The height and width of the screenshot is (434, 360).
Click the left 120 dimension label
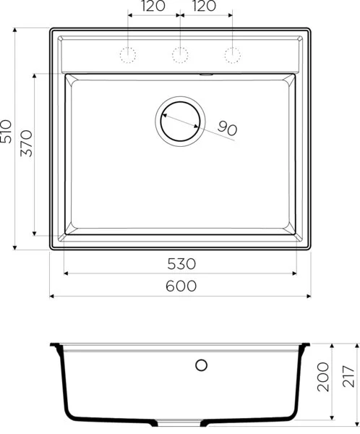[x=153, y=7]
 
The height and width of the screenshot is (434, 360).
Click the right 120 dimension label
[x=205, y=7]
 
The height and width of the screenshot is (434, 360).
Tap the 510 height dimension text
[x=7, y=131]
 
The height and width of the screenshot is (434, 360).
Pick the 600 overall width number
[x=180, y=286]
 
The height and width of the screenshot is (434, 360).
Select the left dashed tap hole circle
[x=129, y=54]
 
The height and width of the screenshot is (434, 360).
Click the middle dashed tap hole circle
[x=180, y=54]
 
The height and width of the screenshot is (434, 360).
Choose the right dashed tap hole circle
[x=232, y=54]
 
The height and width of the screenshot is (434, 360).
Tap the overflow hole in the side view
[x=202, y=365]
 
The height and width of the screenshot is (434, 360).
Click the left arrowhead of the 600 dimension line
[x=52, y=296]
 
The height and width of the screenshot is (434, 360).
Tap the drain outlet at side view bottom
[x=180, y=421]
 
